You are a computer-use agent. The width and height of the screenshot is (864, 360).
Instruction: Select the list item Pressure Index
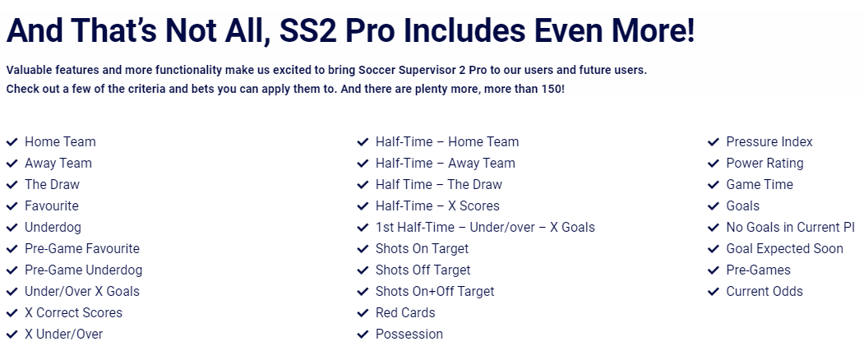[769, 141]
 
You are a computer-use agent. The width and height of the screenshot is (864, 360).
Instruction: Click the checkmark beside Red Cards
[363, 312]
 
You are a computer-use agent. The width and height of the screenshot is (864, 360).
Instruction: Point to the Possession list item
[409, 334]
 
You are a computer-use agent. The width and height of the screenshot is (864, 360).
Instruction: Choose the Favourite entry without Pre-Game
[52, 205]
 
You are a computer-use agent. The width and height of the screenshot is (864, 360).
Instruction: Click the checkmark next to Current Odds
[713, 291]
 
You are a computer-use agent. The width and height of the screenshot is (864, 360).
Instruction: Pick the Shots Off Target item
[423, 270]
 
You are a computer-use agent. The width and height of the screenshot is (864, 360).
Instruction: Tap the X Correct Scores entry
[73, 312]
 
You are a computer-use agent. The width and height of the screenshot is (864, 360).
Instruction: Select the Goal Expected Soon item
[784, 249]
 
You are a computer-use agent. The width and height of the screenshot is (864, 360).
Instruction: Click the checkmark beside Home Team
[12, 141]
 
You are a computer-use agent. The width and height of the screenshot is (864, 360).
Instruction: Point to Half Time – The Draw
[439, 184]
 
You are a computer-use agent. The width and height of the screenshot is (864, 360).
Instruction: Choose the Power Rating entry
[765, 164]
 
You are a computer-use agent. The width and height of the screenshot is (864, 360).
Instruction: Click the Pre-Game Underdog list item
[83, 270]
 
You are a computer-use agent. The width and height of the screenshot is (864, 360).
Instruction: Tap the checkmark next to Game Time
[713, 184]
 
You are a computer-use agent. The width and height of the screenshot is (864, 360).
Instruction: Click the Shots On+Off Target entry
[435, 291]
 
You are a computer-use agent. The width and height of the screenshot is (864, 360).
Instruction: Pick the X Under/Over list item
[63, 334]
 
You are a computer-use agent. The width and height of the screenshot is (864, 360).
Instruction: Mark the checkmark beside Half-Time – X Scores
[363, 205]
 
